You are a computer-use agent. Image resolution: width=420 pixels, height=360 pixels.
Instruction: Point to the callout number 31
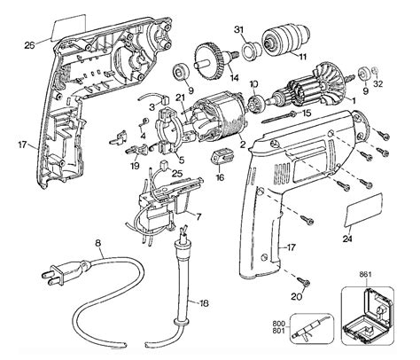[x=238, y=31]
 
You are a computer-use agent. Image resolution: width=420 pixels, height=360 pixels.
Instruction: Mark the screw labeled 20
[x=304, y=282]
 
